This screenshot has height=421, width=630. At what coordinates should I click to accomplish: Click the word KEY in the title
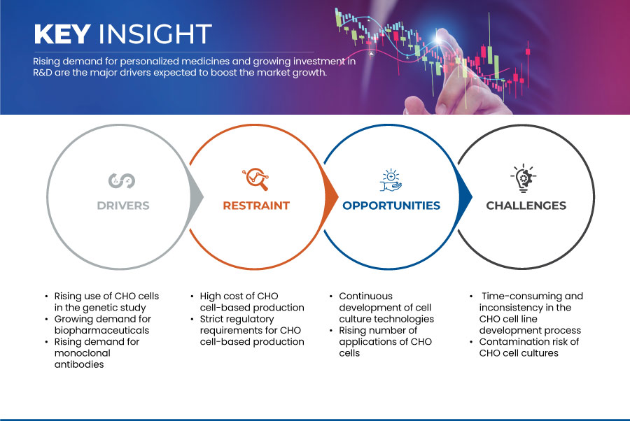pos(62,34)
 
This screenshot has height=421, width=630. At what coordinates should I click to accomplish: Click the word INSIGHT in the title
pos(155,34)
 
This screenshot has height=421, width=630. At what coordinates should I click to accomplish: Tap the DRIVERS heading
pos(123,206)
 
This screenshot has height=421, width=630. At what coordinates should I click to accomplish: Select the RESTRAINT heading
pos(256,206)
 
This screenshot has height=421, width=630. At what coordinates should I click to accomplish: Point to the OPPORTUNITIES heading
pos(391,206)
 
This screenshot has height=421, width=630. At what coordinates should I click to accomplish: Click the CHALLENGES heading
pos(526,206)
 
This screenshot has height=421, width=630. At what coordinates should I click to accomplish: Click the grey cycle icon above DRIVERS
pos(122,180)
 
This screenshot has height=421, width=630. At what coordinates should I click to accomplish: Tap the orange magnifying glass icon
pos(255,179)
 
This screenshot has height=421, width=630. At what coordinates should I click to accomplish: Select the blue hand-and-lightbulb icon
pos(391,180)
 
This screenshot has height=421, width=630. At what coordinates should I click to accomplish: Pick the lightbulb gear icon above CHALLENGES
pos(524,178)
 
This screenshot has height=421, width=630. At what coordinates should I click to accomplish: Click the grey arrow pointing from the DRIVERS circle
pos(197,197)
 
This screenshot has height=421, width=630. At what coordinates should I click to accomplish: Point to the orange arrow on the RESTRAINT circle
pos(331,197)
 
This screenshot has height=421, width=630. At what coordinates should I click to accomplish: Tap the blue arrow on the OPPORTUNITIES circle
pos(465,197)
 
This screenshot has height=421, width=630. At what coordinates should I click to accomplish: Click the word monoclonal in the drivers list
pos(83,353)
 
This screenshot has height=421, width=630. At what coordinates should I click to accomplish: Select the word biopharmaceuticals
pos(101,330)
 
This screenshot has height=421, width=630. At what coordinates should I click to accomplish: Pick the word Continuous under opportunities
pos(365,297)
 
